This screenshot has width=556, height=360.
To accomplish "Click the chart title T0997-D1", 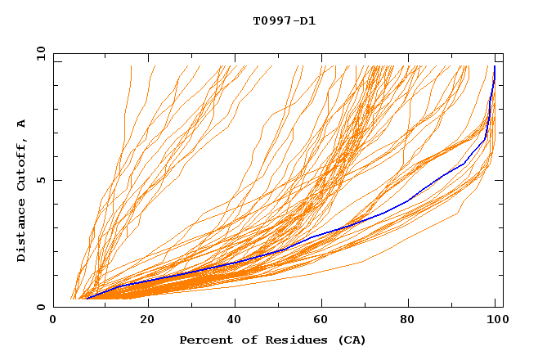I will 284,20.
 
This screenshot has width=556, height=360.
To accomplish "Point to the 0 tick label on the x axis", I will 53,322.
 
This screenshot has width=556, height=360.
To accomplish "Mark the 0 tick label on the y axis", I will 40,307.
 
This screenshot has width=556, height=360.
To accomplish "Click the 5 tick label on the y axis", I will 40,180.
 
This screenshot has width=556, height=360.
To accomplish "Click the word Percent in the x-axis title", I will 204,340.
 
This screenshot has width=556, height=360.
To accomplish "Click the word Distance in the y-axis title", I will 21,232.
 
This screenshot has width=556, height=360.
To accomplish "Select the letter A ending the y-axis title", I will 21,123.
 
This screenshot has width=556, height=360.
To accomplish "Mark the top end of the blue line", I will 495,66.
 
